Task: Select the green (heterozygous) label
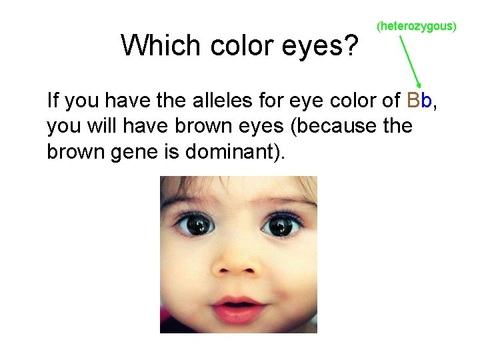click(417, 27)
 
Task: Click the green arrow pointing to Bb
click(411, 63)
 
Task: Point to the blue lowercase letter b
click(427, 101)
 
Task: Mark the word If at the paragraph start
click(53, 101)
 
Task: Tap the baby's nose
click(237, 267)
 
